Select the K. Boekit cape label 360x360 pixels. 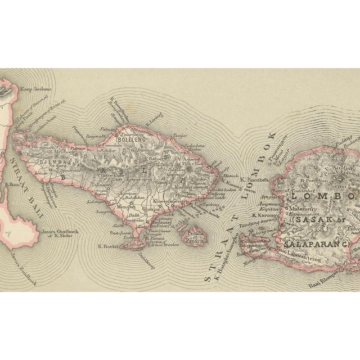(106, 245)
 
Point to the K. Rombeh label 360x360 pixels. (254, 180)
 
